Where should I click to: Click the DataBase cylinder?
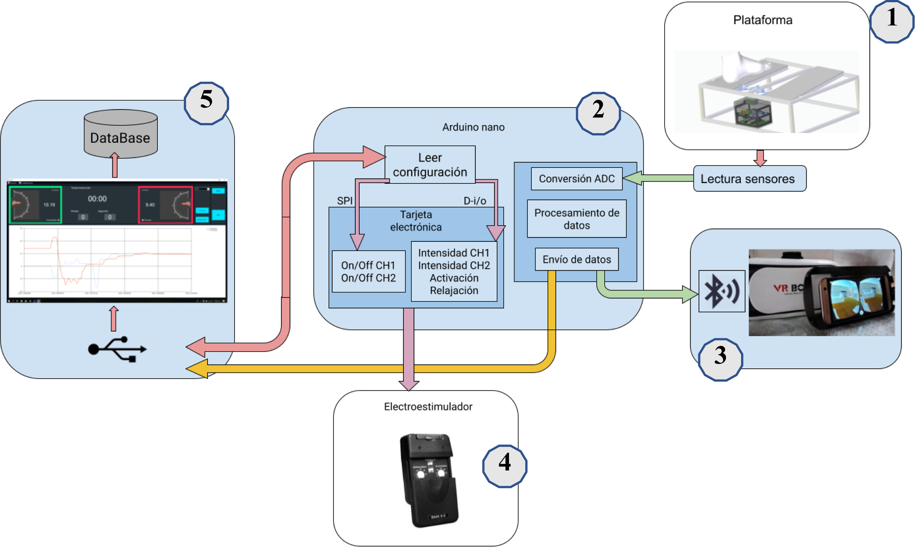tap(120, 134)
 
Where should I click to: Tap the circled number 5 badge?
tap(206, 103)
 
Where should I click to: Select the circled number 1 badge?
tap(892, 21)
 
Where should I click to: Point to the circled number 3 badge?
tap(720, 359)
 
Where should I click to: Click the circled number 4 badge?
tap(505, 466)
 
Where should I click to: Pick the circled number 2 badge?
tap(598, 113)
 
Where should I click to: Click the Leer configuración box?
tap(430, 164)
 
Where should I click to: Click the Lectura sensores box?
tap(749, 179)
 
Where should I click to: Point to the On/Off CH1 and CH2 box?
tap(368, 271)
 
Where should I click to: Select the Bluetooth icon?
tap(721, 291)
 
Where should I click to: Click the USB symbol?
tap(117, 349)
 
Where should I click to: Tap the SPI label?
tap(345, 201)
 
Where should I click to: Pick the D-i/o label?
tap(475, 201)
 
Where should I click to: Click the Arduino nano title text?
tap(473, 127)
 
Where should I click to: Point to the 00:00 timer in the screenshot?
tap(97, 199)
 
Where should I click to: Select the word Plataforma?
tap(762, 20)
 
